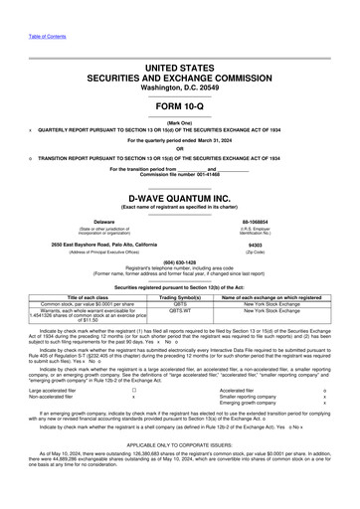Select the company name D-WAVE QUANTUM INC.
(x=179, y=197)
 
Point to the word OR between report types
(x=180, y=150)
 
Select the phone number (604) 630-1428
(x=180, y=262)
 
